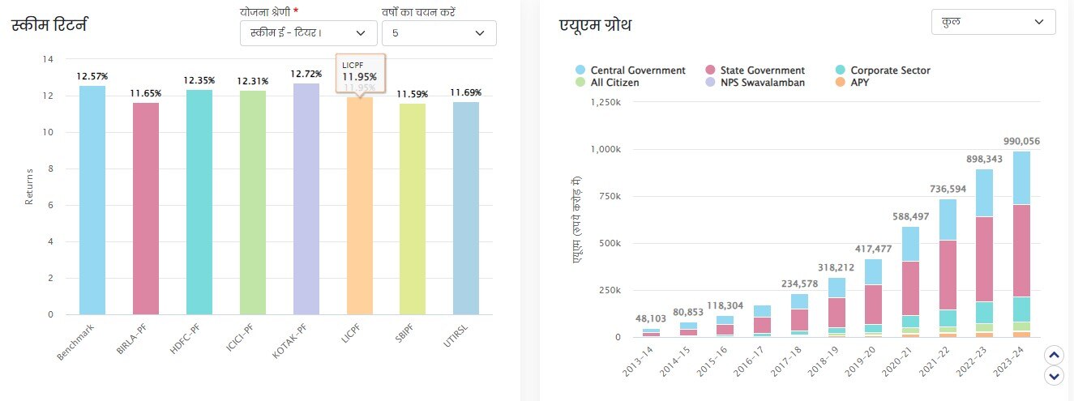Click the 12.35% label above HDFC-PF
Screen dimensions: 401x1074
coord(199,80)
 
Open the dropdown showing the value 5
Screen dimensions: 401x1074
coord(439,33)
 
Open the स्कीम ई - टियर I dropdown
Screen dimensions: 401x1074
coord(309,33)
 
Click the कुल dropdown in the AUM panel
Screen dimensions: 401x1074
coord(994,22)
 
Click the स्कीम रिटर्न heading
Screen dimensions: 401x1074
coord(49,24)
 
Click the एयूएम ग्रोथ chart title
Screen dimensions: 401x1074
coord(596,25)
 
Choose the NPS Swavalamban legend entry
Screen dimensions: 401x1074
coord(755,83)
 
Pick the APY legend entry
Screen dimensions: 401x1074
coord(860,83)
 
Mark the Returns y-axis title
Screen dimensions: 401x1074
coord(29,186)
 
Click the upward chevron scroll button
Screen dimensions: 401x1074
coord(1053,355)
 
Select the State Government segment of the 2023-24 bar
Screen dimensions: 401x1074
coord(1021,250)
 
